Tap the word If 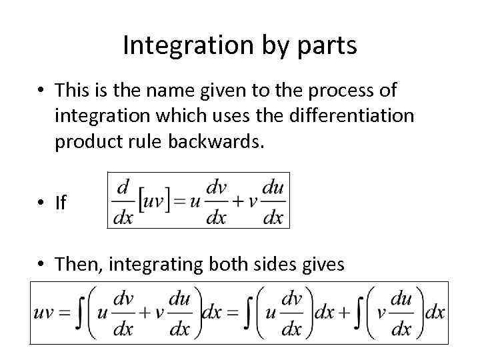click(61, 203)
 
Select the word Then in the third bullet click(78, 265)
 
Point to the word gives click(323, 265)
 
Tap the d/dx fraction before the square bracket click(123, 201)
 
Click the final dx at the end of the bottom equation click(435, 313)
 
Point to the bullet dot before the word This click(42, 89)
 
